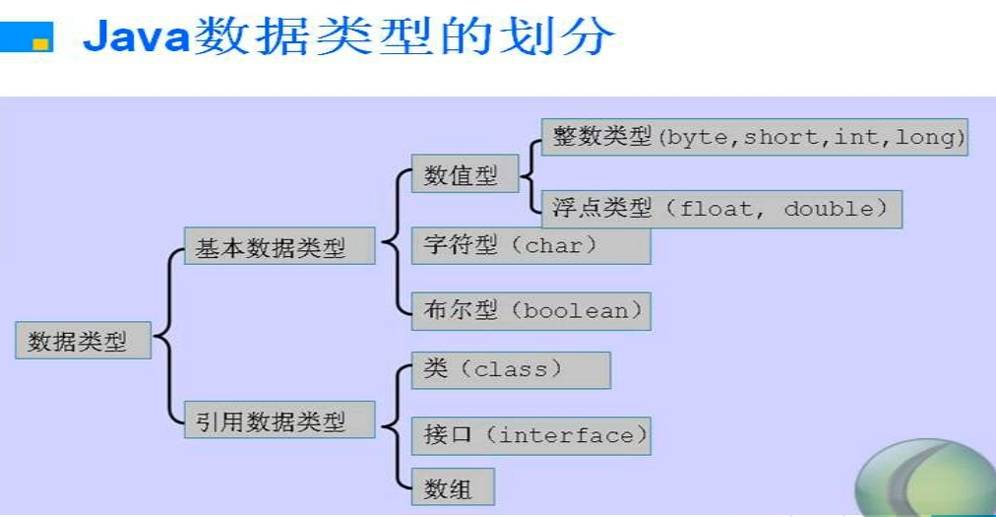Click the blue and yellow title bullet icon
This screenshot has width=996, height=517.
click(29, 38)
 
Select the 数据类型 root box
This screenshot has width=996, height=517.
click(84, 342)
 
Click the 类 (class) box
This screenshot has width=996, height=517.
click(511, 369)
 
